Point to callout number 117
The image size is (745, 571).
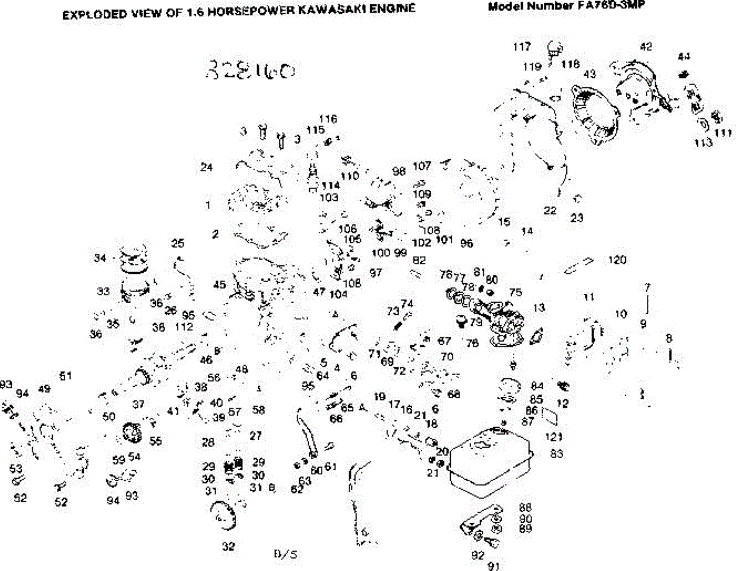pos(523,46)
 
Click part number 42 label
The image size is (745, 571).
pos(646,46)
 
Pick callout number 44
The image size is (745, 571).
pos(684,56)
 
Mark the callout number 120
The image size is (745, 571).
pos(618,260)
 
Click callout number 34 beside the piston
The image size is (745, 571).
pos(101,258)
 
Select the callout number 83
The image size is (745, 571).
pos(556,454)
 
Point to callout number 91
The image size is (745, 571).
pos(494,565)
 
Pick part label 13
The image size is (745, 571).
pos(539,308)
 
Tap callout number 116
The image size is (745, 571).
pos(328,118)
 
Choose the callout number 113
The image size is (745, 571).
pos(703,142)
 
